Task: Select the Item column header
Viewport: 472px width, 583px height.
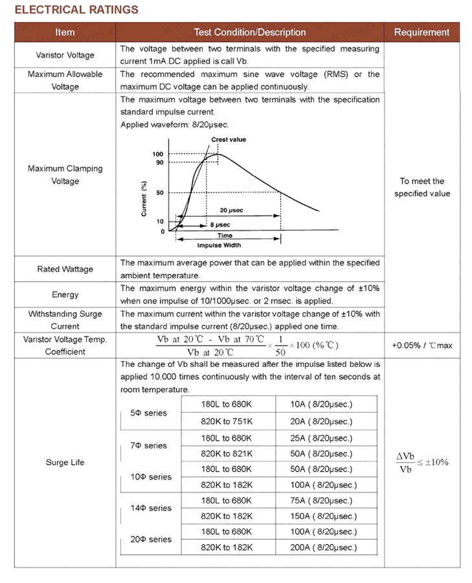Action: coord(65,32)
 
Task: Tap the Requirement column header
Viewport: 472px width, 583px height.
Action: coord(421,32)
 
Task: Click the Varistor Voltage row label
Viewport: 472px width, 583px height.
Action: coord(65,55)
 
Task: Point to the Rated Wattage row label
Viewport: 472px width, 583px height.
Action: coord(65,269)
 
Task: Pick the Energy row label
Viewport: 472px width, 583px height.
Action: coord(65,294)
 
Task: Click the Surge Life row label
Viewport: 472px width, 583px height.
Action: coord(65,463)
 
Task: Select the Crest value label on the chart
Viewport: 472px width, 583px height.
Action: coord(228,140)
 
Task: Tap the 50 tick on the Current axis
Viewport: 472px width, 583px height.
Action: coord(159,193)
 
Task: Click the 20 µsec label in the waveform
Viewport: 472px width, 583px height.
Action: coord(231,211)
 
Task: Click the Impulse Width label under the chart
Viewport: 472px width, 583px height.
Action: coord(219,245)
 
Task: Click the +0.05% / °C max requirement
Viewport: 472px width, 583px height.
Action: coord(422,346)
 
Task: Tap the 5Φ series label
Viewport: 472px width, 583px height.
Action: coord(148,413)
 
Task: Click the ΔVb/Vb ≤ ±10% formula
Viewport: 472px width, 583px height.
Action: coord(421,463)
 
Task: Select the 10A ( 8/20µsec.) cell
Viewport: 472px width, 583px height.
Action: coord(321,404)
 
